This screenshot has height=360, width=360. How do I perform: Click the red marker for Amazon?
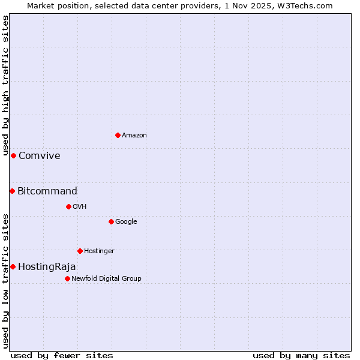tap(118, 135)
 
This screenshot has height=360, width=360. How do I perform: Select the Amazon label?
tap(134, 136)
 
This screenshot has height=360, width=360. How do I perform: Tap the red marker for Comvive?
tap(13, 155)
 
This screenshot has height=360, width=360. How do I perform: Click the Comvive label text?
tap(40, 156)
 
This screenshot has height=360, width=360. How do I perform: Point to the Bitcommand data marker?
tap(12, 191)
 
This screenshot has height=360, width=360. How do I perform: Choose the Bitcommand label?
tap(47, 191)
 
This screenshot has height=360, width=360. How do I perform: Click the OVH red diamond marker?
tap(68, 206)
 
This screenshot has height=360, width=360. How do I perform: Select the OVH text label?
tap(80, 207)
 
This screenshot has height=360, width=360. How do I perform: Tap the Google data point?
tap(111, 221)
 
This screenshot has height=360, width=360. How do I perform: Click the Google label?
tap(126, 222)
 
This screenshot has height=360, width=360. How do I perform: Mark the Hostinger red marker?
tap(80, 251)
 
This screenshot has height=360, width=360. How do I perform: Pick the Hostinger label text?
tap(99, 251)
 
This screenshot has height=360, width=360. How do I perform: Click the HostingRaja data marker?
tap(13, 266)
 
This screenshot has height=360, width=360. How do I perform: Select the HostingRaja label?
tap(47, 267)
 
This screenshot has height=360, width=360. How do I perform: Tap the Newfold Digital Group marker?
tap(67, 278)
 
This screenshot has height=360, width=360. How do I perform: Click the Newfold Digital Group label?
tap(106, 279)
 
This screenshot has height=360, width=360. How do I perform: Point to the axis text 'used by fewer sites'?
tap(62, 356)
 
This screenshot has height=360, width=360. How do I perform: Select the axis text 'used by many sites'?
tap(301, 356)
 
